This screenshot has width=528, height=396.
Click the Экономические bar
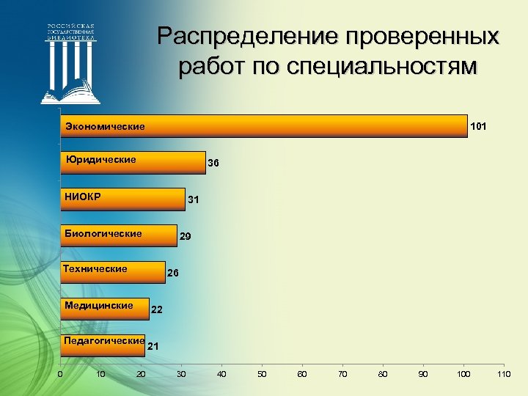pos(264,126)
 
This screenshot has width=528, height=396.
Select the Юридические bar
pos(133,162)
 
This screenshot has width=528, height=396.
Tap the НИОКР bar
pos(122,199)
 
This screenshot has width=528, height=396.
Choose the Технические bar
pos(113,272)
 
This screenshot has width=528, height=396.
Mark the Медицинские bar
pos(105,309)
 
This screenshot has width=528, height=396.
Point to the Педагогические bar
pos(103,345)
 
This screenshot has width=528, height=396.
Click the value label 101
pos(478,126)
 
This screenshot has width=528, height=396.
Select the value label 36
pos(213,163)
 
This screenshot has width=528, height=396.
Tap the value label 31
pos(193,199)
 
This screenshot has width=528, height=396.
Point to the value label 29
pos(186,237)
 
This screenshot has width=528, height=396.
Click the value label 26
pos(173,273)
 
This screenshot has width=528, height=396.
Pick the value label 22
pos(156,310)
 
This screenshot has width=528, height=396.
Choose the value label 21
pos(153,345)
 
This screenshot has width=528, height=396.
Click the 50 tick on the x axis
pos(262,375)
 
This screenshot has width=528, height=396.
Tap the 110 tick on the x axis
pos(503,375)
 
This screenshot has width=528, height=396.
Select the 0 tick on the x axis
pos(60,375)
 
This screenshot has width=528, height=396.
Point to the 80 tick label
pos(382,375)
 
